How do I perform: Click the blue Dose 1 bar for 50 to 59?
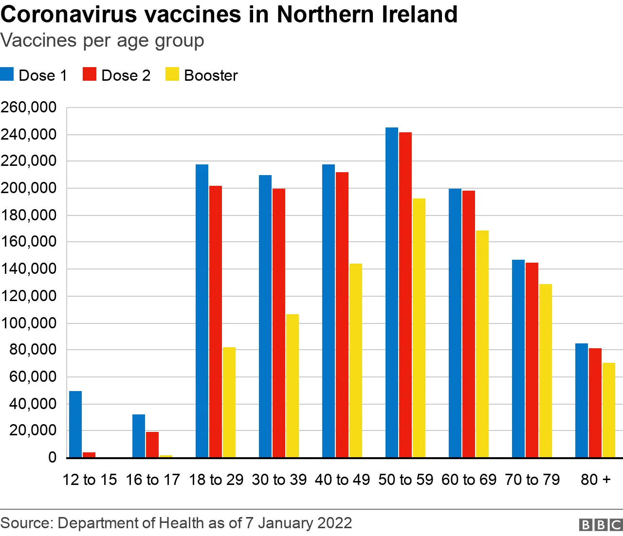pyautogui.click(x=392, y=292)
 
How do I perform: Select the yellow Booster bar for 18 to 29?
pyautogui.click(x=229, y=402)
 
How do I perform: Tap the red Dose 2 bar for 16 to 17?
pyautogui.click(x=152, y=445)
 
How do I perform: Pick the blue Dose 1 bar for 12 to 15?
pyautogui.click(x=75, y=424)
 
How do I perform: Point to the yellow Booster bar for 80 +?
pyautogui.click(x=609, y=410)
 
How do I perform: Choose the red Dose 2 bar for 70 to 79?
pyautogui.click(x=532, y=360)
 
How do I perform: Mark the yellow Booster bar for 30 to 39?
pyautogui.click(x=293, y=386)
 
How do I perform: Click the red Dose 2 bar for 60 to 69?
pyautogui.click(x=469, y=324)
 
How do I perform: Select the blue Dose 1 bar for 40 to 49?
pyautogui.click(x=329, y=311)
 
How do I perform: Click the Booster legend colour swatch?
pyautogui.click(x=172, y=74)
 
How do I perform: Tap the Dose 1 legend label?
pyautogui.click(x=43, y=75)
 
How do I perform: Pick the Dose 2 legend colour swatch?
pyautogui.click(x=90, y=74)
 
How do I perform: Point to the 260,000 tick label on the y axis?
pyautogui.click(x=29, y=107)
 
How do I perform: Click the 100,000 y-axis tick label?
pyautogui.click(x=29, y=323)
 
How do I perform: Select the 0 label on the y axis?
pyautogui.click(x=52, y=458)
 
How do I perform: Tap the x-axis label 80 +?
pyautogui.click(x=595, y=480)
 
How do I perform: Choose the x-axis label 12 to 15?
pyautogui.click(x=90, y=480)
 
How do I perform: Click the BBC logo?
pyautogui.click(x=601, y=525)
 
